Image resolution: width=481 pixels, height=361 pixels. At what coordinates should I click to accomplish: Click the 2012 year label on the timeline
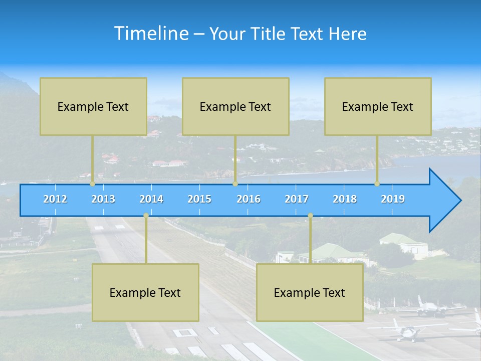click(55, 199)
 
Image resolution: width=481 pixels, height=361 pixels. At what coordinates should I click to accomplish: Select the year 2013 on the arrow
click(103, 199)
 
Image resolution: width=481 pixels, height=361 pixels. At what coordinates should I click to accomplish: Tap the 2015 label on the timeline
click(199, 199)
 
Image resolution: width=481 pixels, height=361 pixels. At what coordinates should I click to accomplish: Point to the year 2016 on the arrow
click(249, 199)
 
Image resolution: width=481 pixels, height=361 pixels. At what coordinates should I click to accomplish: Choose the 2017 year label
click(297, 199)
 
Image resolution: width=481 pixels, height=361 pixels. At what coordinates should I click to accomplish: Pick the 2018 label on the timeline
click(345, 199)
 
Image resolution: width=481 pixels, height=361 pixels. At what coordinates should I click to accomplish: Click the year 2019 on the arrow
click(393, 199)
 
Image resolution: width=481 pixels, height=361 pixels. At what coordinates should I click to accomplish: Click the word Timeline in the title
click(151, 34)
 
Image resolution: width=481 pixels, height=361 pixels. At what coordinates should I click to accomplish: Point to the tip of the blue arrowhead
click(460, 201)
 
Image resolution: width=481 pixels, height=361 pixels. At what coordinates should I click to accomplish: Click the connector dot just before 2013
click(92, 184)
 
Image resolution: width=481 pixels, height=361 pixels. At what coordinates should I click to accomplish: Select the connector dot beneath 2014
click(146, 216)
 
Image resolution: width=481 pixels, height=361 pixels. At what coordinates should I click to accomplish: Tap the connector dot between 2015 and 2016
click(235, 184)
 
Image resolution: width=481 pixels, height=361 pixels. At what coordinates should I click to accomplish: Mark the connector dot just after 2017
click(310, 216)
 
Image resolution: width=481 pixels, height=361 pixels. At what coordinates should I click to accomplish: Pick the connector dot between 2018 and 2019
click(377, 184)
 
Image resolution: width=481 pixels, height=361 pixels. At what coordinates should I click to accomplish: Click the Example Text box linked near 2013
click(93, 106)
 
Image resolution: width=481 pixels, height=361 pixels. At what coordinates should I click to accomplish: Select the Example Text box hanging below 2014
click(145, 292)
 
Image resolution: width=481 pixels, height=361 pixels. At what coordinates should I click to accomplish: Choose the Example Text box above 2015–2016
click(235, 106)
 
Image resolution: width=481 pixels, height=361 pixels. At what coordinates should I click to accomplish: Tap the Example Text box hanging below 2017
click(310, 292)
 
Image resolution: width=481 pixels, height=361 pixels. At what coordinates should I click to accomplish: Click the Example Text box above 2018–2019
click(378, 106)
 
